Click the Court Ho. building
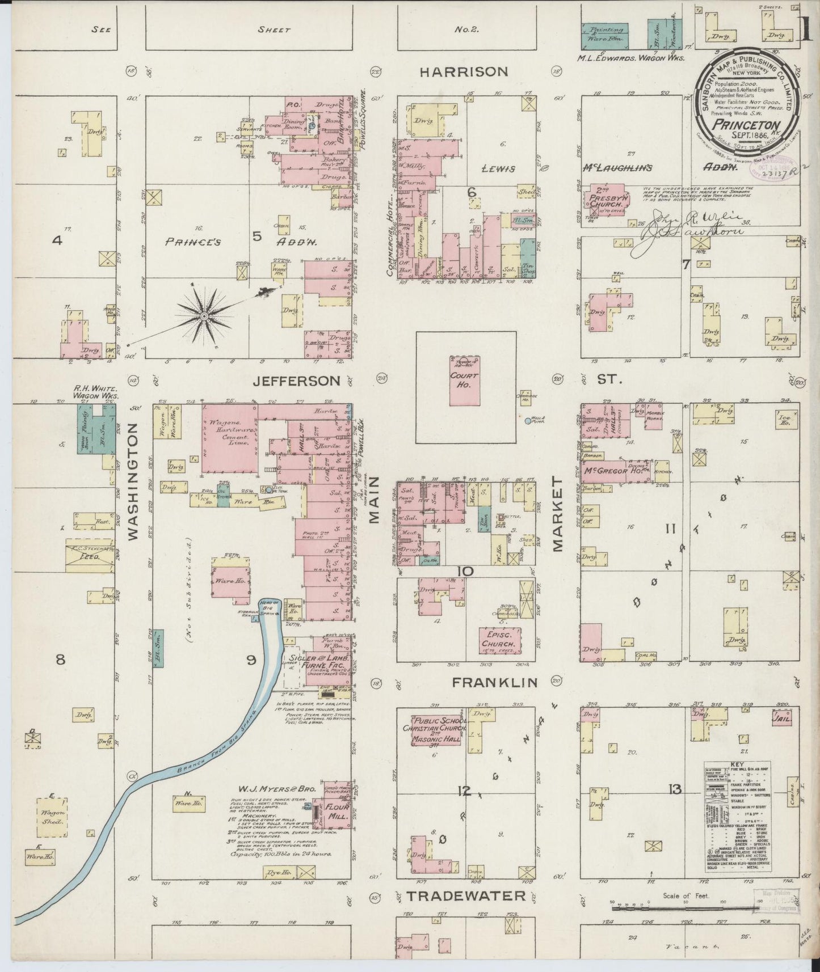[x=465, y=381]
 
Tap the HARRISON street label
[x=464, y=72]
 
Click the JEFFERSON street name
[x=297, y=381]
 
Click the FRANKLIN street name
[x=494, y=683]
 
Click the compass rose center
[x=204, y=315]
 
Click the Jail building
[x=781, y=718]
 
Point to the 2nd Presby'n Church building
[x=605, y=199]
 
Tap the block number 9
[x=251, y=660]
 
